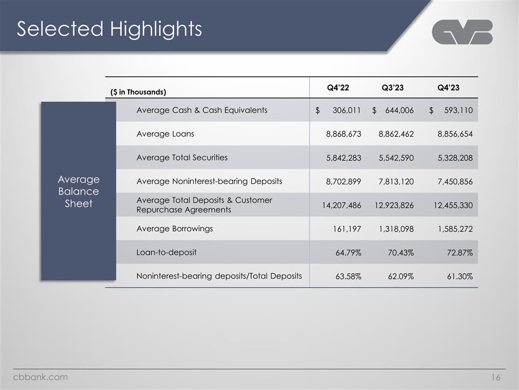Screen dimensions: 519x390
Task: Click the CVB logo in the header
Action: point(462,32)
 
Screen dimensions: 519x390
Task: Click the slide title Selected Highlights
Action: point(109,29)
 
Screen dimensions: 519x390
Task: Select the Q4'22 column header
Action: point(338,88)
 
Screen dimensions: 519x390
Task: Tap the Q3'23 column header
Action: point(392,88)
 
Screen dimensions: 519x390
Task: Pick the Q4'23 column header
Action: point(449,88)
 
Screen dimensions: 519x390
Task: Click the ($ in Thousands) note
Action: point(138,92)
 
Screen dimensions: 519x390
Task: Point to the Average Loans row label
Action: point(165,134)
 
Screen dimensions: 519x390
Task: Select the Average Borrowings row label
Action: point(175,229)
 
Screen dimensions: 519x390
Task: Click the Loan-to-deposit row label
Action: point(167,252)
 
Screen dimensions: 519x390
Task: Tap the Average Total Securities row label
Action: point(182,158)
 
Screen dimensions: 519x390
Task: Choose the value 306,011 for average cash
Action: point(347,110)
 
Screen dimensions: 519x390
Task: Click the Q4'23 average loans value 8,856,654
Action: point(455,134)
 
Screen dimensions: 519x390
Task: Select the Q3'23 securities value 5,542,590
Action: point(396,158)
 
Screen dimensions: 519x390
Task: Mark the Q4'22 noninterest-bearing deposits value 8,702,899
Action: point(344,181)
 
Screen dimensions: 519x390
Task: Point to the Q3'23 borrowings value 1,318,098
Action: point(396,229)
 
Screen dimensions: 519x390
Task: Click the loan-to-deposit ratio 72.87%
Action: point(460,253)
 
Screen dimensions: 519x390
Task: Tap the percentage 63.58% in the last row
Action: point(348,276)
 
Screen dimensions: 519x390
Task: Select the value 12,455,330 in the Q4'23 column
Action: point(453,205)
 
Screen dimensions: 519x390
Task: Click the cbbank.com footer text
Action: point(41,377)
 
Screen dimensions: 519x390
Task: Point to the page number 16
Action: point(496,378)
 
